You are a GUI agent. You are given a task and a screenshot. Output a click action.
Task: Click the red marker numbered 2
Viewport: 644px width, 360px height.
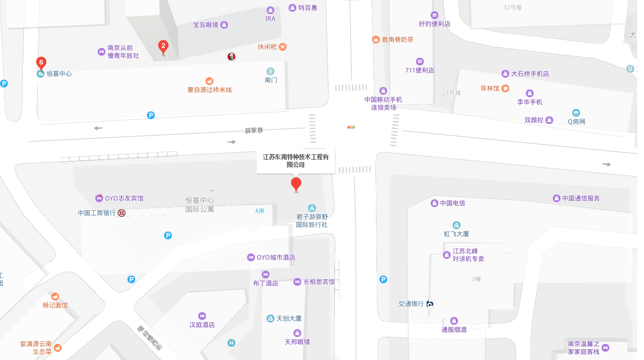tap(164, 47)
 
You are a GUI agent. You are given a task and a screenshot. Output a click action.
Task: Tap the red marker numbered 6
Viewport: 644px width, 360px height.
tap(42, 63)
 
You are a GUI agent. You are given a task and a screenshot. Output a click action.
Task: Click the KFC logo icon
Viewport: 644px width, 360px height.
tap(231, 57)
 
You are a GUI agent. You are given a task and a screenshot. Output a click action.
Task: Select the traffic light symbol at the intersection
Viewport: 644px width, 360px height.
tap(351, 127)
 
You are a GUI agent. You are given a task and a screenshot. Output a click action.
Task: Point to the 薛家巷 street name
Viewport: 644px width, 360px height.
tap(254, 130)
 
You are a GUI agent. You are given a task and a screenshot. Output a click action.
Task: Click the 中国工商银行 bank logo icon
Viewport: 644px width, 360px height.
tap(122, 213)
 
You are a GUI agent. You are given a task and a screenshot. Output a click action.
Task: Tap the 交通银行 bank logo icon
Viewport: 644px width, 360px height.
tap(430, 304)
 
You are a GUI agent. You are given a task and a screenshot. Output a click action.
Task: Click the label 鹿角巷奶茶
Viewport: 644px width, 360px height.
tap(397, 40)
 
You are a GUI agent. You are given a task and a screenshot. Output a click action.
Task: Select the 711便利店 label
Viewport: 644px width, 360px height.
tap(419, 70)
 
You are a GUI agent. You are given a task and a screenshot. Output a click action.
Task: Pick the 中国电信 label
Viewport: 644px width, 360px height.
tap(452, 203)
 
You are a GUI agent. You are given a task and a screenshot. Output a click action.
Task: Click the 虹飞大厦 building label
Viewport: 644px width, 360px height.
tap(456, 233)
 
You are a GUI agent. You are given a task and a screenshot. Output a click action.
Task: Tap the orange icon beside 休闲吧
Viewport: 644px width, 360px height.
tap(283, 47)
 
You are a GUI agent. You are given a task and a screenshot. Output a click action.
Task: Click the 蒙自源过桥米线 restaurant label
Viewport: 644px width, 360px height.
tap(209, 90)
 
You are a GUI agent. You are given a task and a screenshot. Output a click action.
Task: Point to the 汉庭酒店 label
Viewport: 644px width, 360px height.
tap(202, 325)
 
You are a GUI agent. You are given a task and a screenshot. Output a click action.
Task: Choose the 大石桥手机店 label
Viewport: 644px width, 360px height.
tap(530, 74)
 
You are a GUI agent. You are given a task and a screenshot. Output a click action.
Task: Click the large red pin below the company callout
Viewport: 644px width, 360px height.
tap(296, 185)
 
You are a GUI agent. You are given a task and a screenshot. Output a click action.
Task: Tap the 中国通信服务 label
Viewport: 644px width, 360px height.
tap(581, 198)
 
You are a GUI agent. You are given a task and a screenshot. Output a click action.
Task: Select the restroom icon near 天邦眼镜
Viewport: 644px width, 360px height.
tap(231, 343)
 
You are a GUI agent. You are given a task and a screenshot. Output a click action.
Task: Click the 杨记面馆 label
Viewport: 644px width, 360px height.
tap(55, 305)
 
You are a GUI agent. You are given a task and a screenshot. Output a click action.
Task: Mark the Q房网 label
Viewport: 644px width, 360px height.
tap(576, 122)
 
